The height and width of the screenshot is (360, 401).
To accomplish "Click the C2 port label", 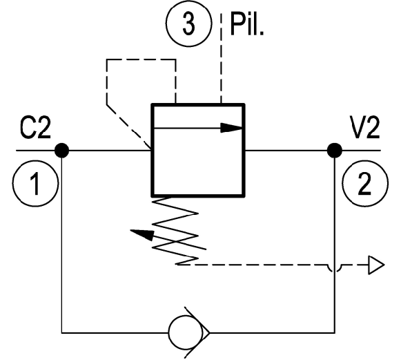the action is (x=35, y=128).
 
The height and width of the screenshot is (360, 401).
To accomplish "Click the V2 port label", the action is (x=364, y=128).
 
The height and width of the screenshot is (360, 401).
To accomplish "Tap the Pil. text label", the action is (x=246, y=23).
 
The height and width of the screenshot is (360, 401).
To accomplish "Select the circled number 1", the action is (x=36, y=183).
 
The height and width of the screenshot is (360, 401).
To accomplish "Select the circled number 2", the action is (x=365, y=183).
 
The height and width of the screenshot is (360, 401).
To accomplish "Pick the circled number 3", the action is (x=188, y=23).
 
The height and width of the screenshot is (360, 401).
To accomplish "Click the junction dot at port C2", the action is (x=62, y=151).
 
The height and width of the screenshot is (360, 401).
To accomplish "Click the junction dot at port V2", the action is (x=335, y=151).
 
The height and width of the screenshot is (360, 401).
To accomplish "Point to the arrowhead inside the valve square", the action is (x=231, y=128).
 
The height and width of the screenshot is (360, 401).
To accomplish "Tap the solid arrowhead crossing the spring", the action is (x=143, y=234).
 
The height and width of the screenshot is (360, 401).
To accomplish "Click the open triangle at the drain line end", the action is (x=376, y=265).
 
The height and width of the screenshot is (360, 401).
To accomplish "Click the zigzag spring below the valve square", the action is (x=175, y=230).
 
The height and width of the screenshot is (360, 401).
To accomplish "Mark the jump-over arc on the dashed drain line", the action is (x=335, y=268).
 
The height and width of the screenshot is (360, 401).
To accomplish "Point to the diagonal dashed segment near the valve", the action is (x=129, y=126).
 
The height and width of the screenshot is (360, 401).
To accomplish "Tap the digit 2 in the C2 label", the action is (x=43, y=128).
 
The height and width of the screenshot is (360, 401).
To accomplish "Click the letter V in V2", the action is (x=357, y=128).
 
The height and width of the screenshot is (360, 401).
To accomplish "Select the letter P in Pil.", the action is (x=237, y=23).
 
